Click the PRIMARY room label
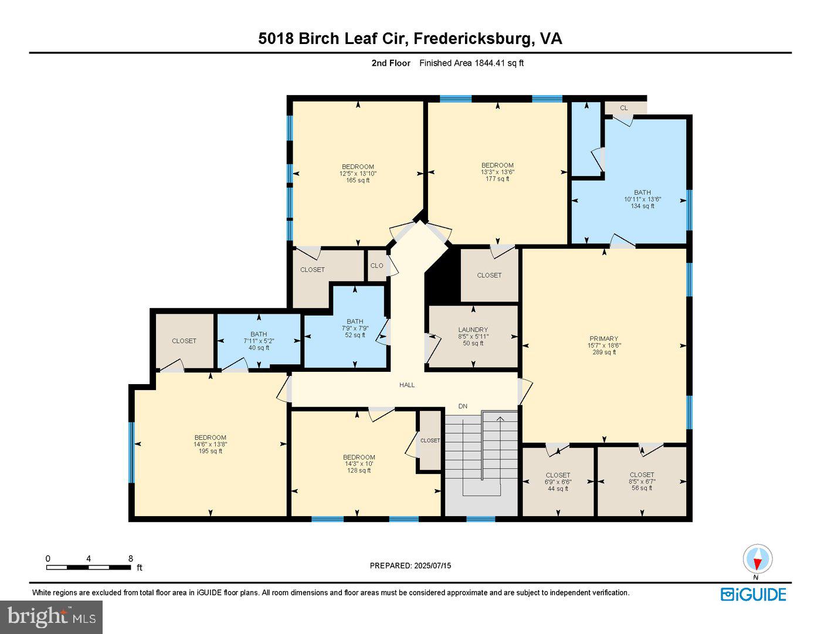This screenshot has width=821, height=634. [604, 338]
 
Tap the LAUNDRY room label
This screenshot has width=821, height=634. [473, 330]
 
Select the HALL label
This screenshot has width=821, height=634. [407, 385]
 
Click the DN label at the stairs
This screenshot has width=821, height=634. [463, 406]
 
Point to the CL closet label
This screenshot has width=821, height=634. [624, 108]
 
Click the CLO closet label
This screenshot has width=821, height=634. [376, 266]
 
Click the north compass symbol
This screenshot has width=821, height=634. [757, 560]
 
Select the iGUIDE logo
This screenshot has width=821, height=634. [753, 594]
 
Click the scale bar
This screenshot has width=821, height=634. [89, 567]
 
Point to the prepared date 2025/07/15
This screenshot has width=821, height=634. [410, 566]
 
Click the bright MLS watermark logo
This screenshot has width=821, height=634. [52, 617]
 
